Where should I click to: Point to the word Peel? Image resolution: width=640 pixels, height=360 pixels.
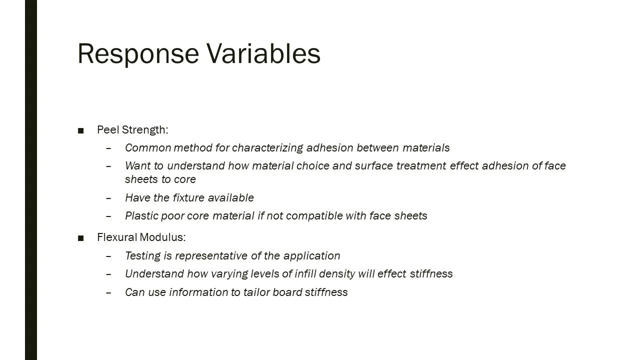[x=107, y=130]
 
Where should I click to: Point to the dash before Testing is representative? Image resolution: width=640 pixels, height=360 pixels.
[x=109, y=256]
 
